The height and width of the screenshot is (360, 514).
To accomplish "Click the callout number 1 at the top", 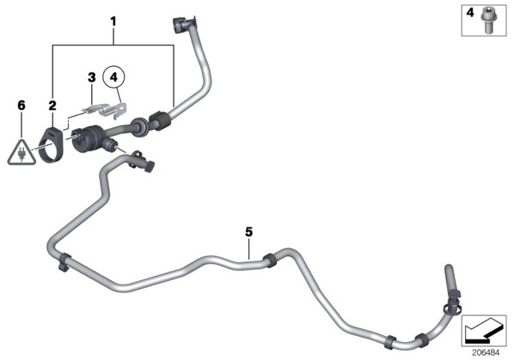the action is click(x=113, y=22).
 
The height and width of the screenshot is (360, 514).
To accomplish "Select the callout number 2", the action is click(x=52, y=106).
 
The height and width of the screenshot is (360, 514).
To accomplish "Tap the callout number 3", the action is click(x=92, y=77).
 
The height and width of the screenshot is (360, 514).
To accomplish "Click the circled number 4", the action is click(x=113, y=77).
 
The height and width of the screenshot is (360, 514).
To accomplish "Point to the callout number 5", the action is click(x=249, y=232).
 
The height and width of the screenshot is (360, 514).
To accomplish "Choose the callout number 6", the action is click(x=21, y=106).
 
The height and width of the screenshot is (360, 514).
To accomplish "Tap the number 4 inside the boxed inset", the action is click(x=470, y=13).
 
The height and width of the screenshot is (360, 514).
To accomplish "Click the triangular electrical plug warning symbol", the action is click(x=21, y=153).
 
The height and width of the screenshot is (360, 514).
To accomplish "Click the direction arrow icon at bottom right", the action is click(x=484, y=331).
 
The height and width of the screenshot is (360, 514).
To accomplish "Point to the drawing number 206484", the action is click(x=486, y=352).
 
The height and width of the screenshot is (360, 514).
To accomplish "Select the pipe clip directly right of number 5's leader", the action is click(x=269, y=260).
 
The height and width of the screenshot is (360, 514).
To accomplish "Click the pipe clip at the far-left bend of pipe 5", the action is click(x=64, y=261).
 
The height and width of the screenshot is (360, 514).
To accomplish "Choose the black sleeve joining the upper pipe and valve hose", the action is click(x=158, y=120).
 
